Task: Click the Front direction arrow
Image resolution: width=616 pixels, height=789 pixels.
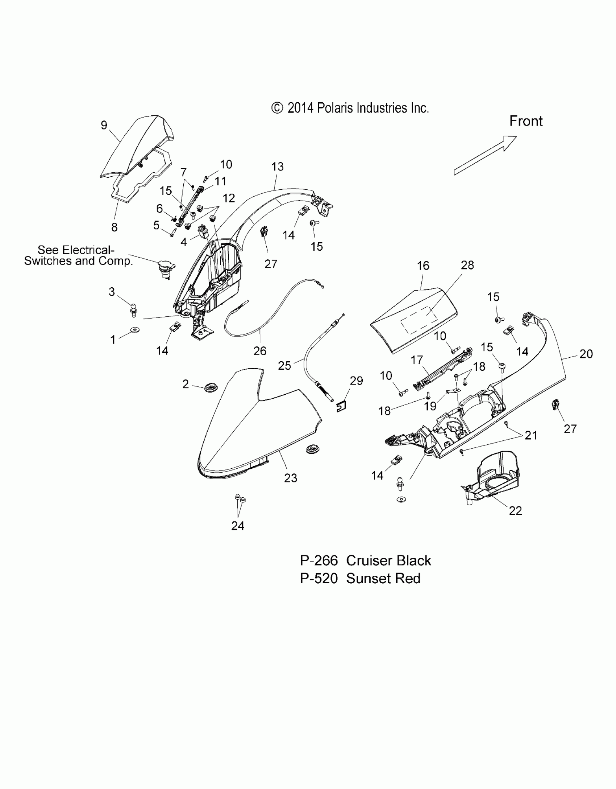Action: (x=486, y=155)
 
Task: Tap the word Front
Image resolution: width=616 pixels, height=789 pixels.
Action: (x=526, y=121)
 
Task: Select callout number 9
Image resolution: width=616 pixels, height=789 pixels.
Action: (x=104, y=125)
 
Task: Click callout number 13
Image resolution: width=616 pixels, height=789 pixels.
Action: (x=278, y=167)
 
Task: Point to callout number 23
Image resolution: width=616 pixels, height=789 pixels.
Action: (x=291, y=478)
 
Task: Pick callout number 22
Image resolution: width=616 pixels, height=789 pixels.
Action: (x=515, y=510)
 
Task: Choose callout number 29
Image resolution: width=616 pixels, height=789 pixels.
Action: (x=357, y=381)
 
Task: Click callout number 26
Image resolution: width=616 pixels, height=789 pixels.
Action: (x=260, y=351)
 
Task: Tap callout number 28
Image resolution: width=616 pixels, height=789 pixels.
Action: (x=467, y=265)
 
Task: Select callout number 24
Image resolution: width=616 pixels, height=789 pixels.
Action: (x=238, y=526)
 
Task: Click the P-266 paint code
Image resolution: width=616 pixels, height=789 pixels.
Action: (x=319, y=560)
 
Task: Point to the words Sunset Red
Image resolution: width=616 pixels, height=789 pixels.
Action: (x=383, y=578)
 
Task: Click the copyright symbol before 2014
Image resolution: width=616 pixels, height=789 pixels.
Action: (x=277, y=108)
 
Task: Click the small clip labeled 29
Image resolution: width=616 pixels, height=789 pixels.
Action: (x=341, y=407)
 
